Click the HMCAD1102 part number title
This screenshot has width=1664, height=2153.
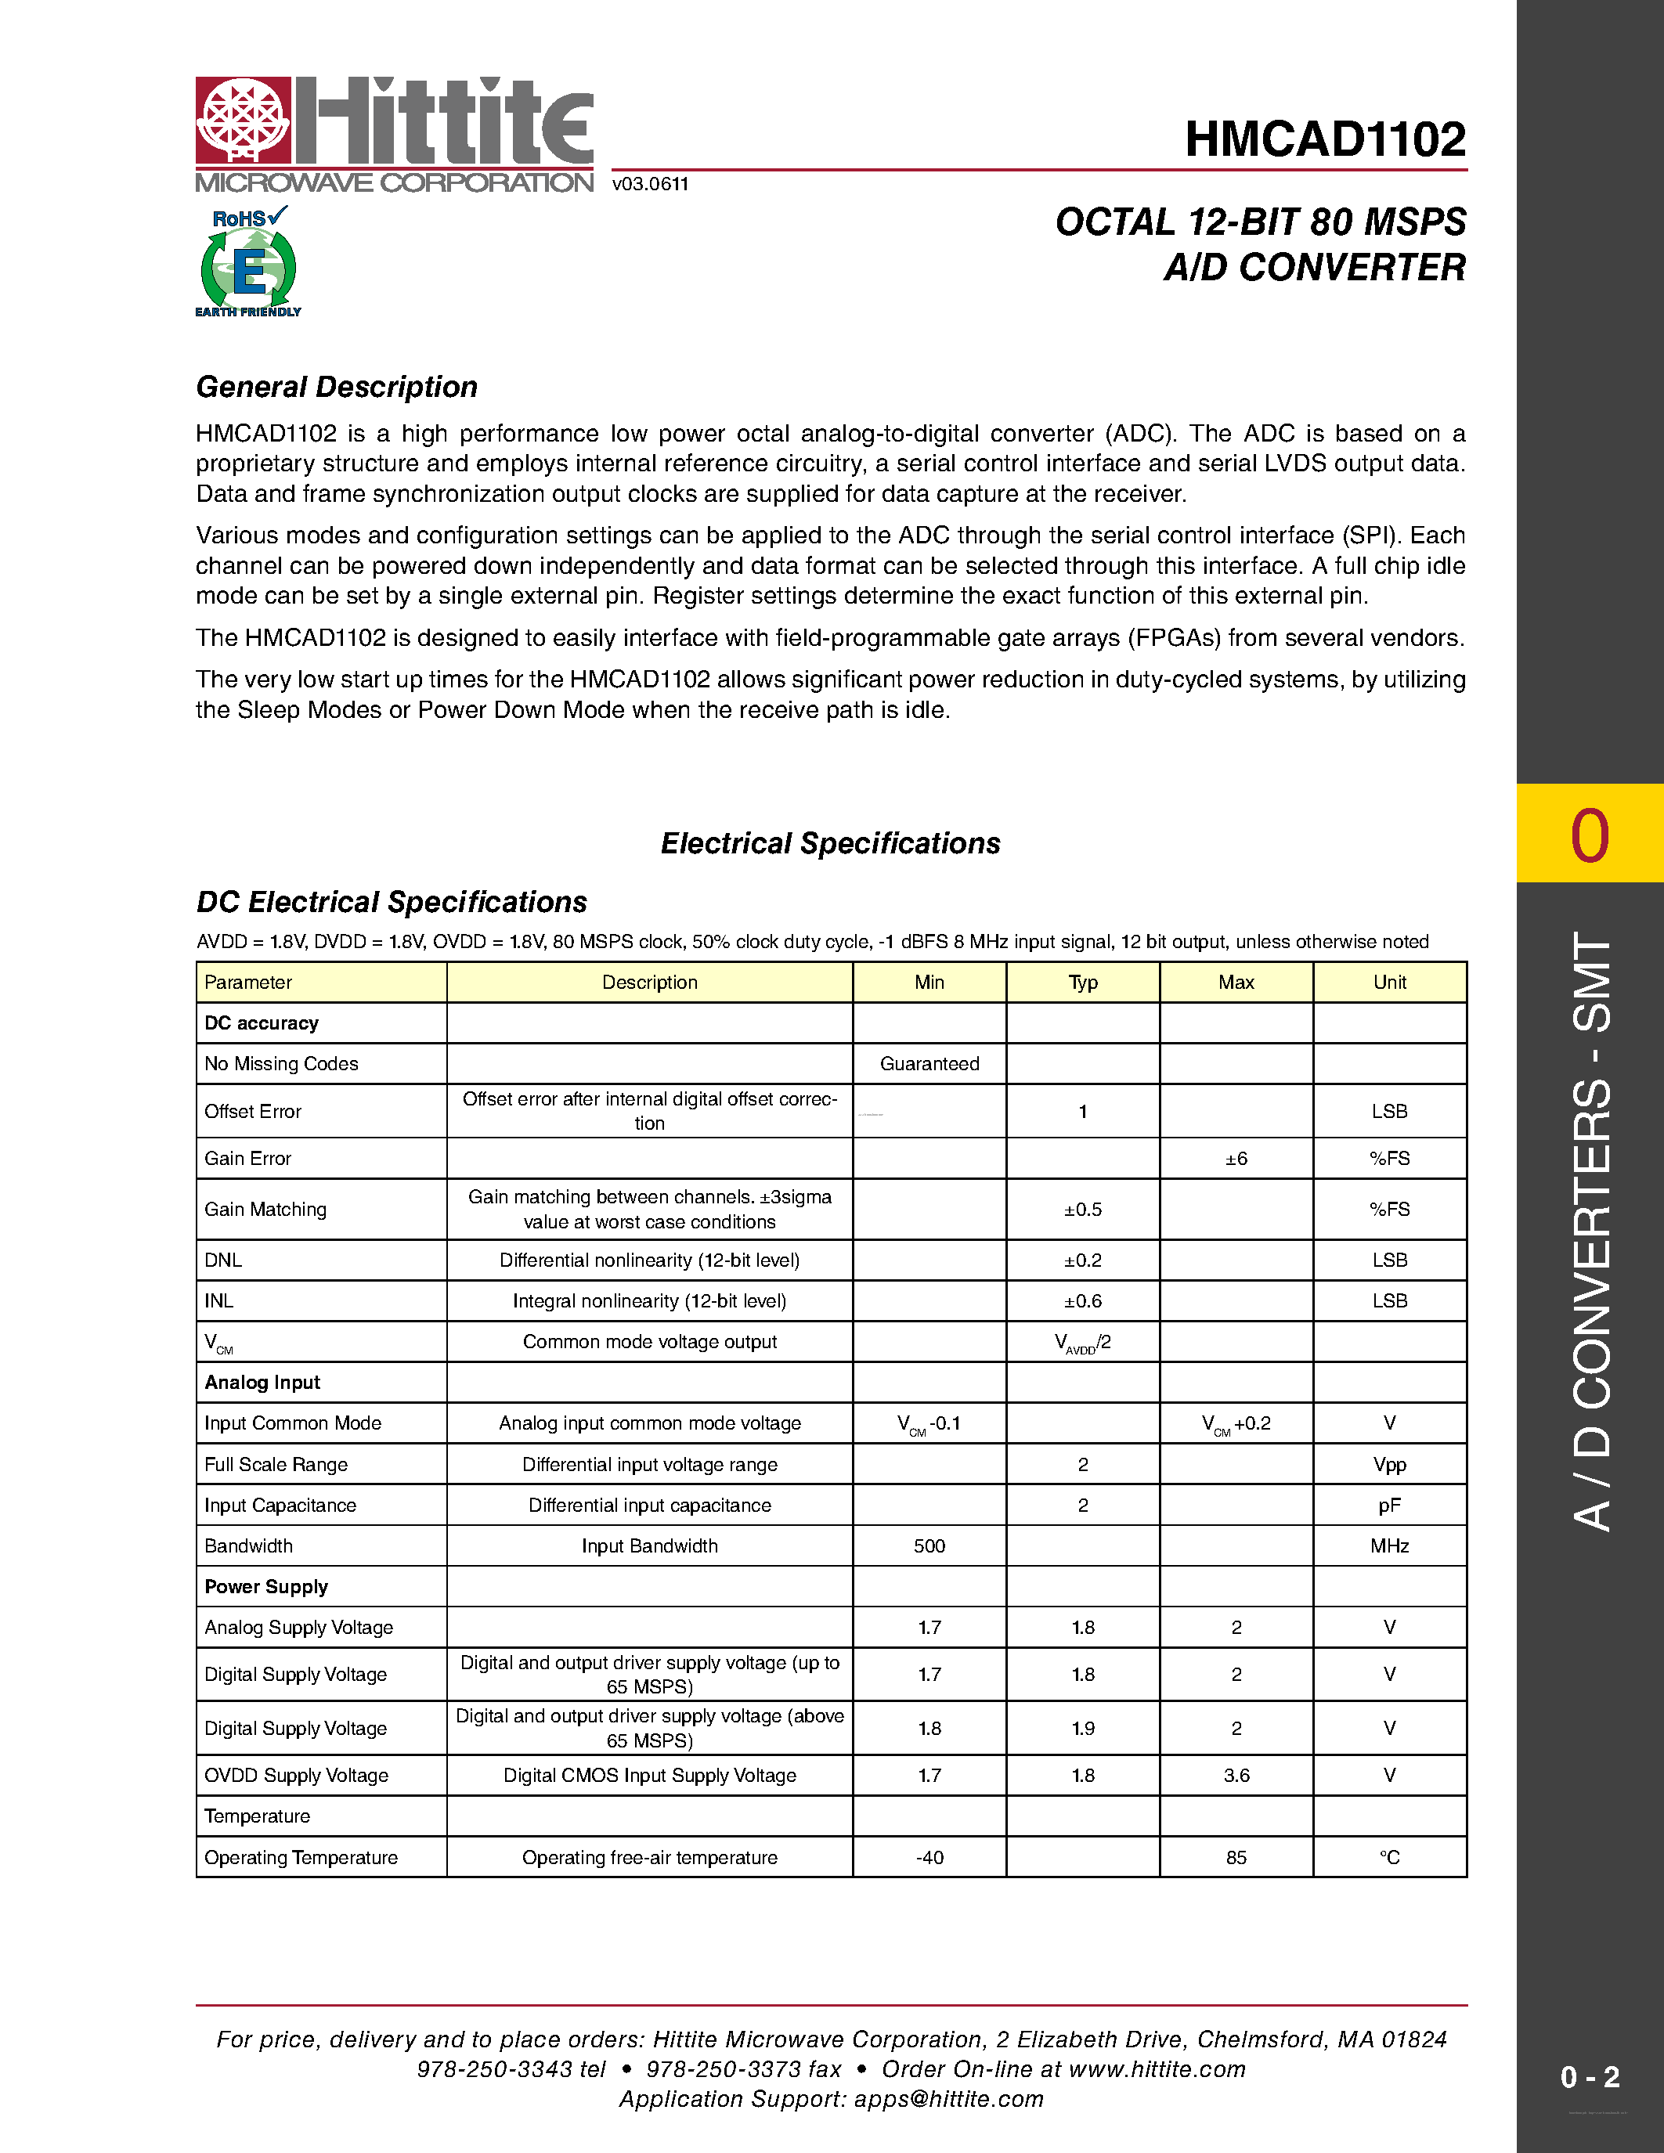[1325, 139]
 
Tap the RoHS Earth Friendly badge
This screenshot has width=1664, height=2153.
[248, 262]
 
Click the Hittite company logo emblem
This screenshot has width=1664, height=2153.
[244, 121]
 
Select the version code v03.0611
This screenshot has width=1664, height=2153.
[650, 184]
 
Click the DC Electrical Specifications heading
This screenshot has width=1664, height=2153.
[392, 902]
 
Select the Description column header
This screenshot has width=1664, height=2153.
[650, 982]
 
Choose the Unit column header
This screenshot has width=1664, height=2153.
[1389, 982]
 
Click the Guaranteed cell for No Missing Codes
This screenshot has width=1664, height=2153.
[929, 1064]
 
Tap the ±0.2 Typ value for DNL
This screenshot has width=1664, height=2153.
[1082, 1260]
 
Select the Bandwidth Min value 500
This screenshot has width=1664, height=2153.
[929, 1545]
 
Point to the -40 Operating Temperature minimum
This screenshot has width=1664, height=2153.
[929, 1857]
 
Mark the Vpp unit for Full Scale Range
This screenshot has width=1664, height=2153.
[1389, 1465]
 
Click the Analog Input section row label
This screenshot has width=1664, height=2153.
[262, 1382]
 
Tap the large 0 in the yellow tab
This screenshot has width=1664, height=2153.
[1589, 836]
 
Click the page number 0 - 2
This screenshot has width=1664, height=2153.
[1589, 2077]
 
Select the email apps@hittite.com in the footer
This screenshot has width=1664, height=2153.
[948, 2099]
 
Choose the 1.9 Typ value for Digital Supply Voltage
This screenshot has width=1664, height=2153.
[1082, 1728]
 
